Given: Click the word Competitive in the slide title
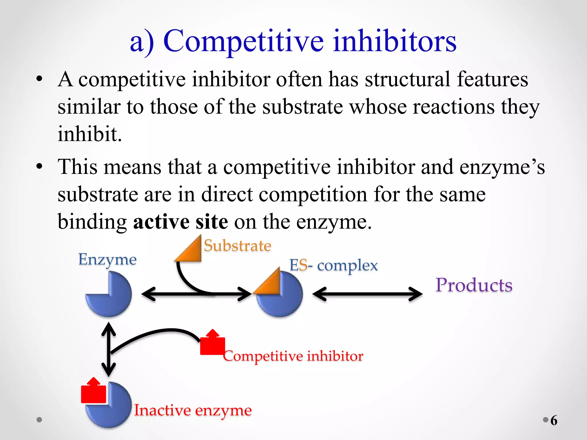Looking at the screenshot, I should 243,42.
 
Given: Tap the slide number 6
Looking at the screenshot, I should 554,420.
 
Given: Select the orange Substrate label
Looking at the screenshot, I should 237,245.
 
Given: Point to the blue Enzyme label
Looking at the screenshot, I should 107,260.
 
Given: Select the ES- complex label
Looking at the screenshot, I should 333,265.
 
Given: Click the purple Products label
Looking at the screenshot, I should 474,285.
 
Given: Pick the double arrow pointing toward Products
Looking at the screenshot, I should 367,294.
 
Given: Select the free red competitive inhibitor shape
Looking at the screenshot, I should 212,344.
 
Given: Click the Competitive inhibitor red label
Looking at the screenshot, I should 293,356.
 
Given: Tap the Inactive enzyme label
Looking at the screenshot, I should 193,410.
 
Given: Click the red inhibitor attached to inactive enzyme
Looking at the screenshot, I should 93,392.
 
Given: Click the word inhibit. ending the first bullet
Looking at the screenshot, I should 90,134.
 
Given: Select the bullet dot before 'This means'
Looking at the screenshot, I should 39,166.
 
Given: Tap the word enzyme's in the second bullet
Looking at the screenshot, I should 502,167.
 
